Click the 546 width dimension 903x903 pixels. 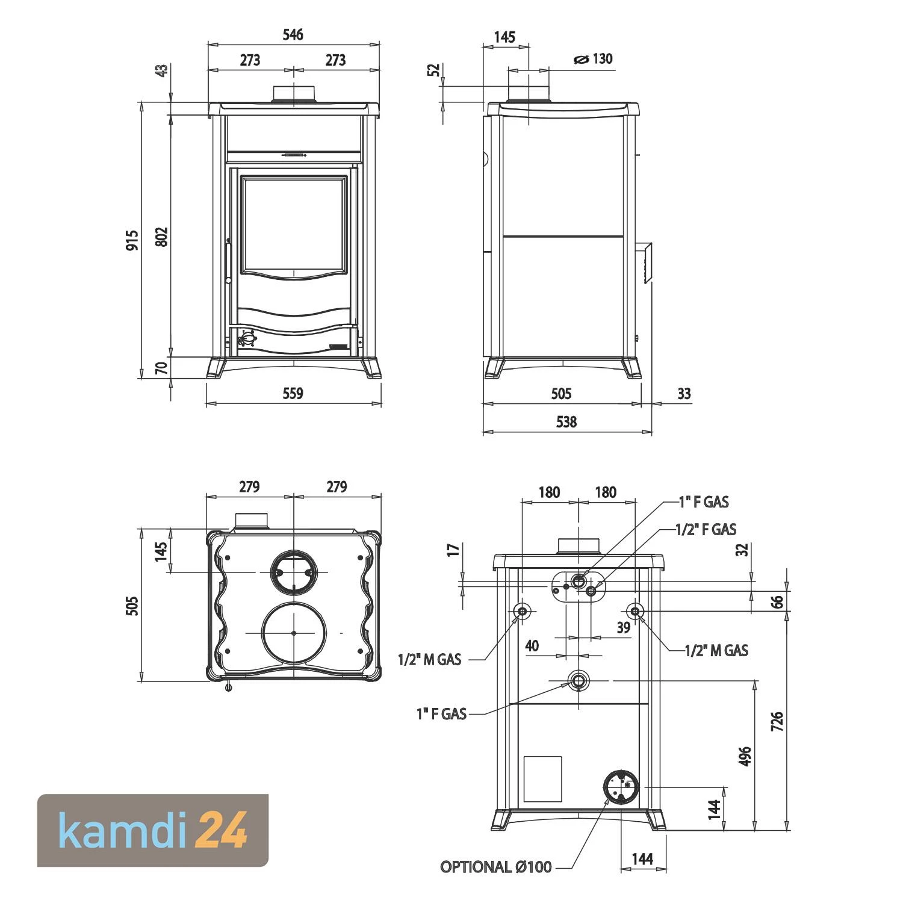coord(293,34)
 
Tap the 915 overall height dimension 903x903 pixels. coord(132,240)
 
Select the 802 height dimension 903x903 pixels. coord(161,236)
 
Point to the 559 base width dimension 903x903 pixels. coord(293,393)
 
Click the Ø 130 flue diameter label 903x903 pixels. coord(594,59)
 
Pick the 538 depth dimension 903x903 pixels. coord(566,421)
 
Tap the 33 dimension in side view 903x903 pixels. coord(684,393)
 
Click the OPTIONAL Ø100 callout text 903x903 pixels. coord(495,867)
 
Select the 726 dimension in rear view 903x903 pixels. coord(777,721)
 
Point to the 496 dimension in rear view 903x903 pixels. coord(745,756)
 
